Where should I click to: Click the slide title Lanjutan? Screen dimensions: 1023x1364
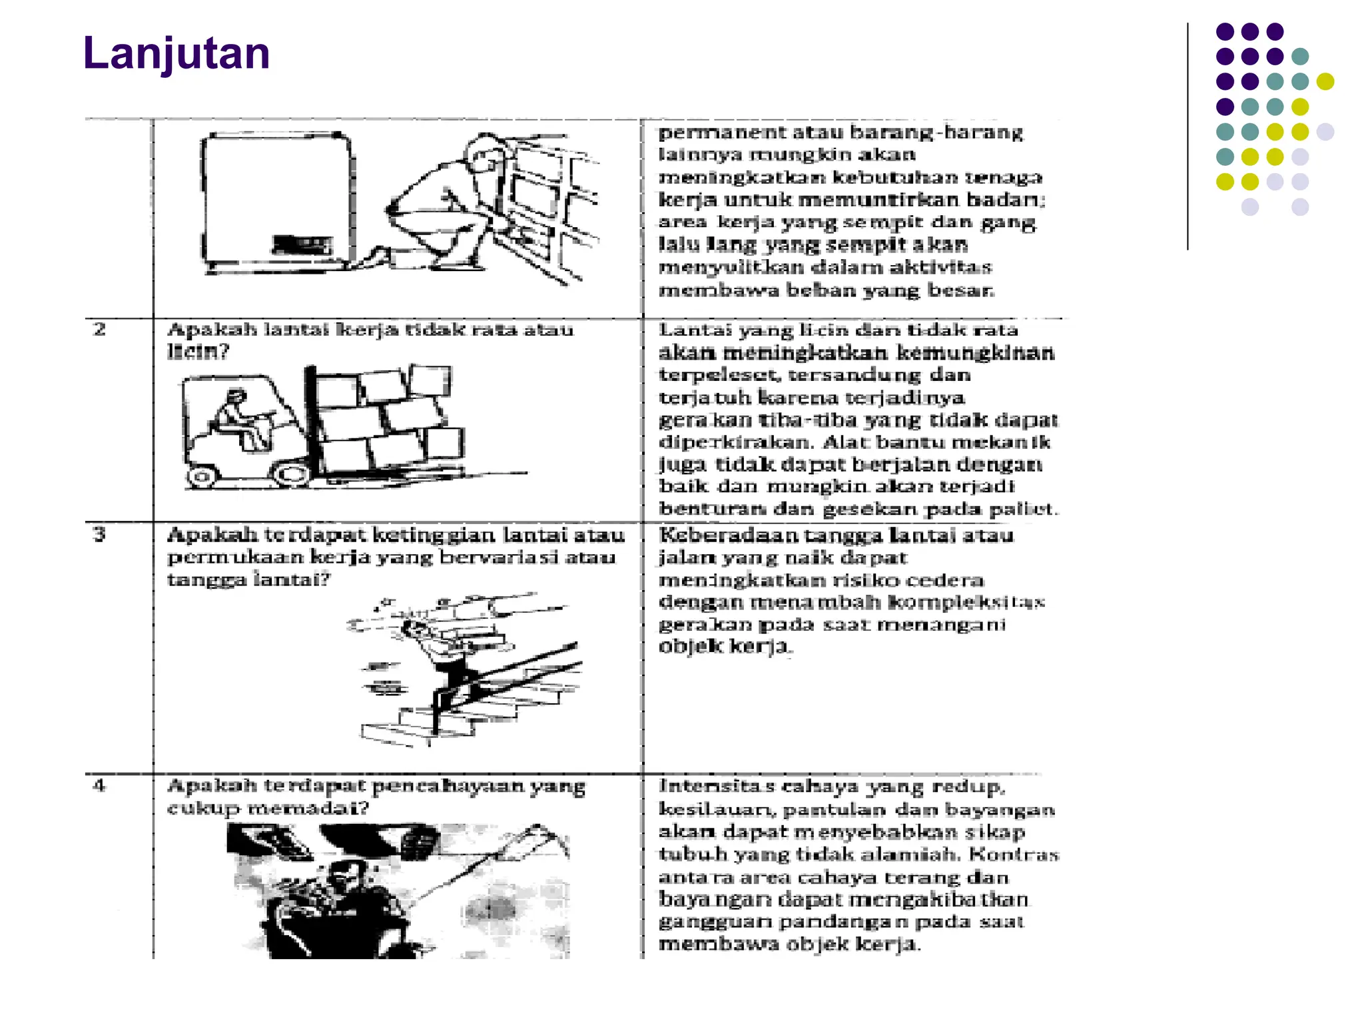click(176, 53)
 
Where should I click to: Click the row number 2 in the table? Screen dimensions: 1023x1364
click(99, 329)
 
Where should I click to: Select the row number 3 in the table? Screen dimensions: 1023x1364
click(99, 534)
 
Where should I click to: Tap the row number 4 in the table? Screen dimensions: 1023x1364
click(99, 786)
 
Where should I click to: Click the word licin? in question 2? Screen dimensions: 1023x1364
click(198, 352)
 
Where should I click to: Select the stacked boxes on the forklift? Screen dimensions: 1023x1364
click(386, 420)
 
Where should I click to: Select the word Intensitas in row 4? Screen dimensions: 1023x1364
click(717, 787)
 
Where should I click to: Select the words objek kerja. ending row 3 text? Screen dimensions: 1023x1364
click(725, 647)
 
